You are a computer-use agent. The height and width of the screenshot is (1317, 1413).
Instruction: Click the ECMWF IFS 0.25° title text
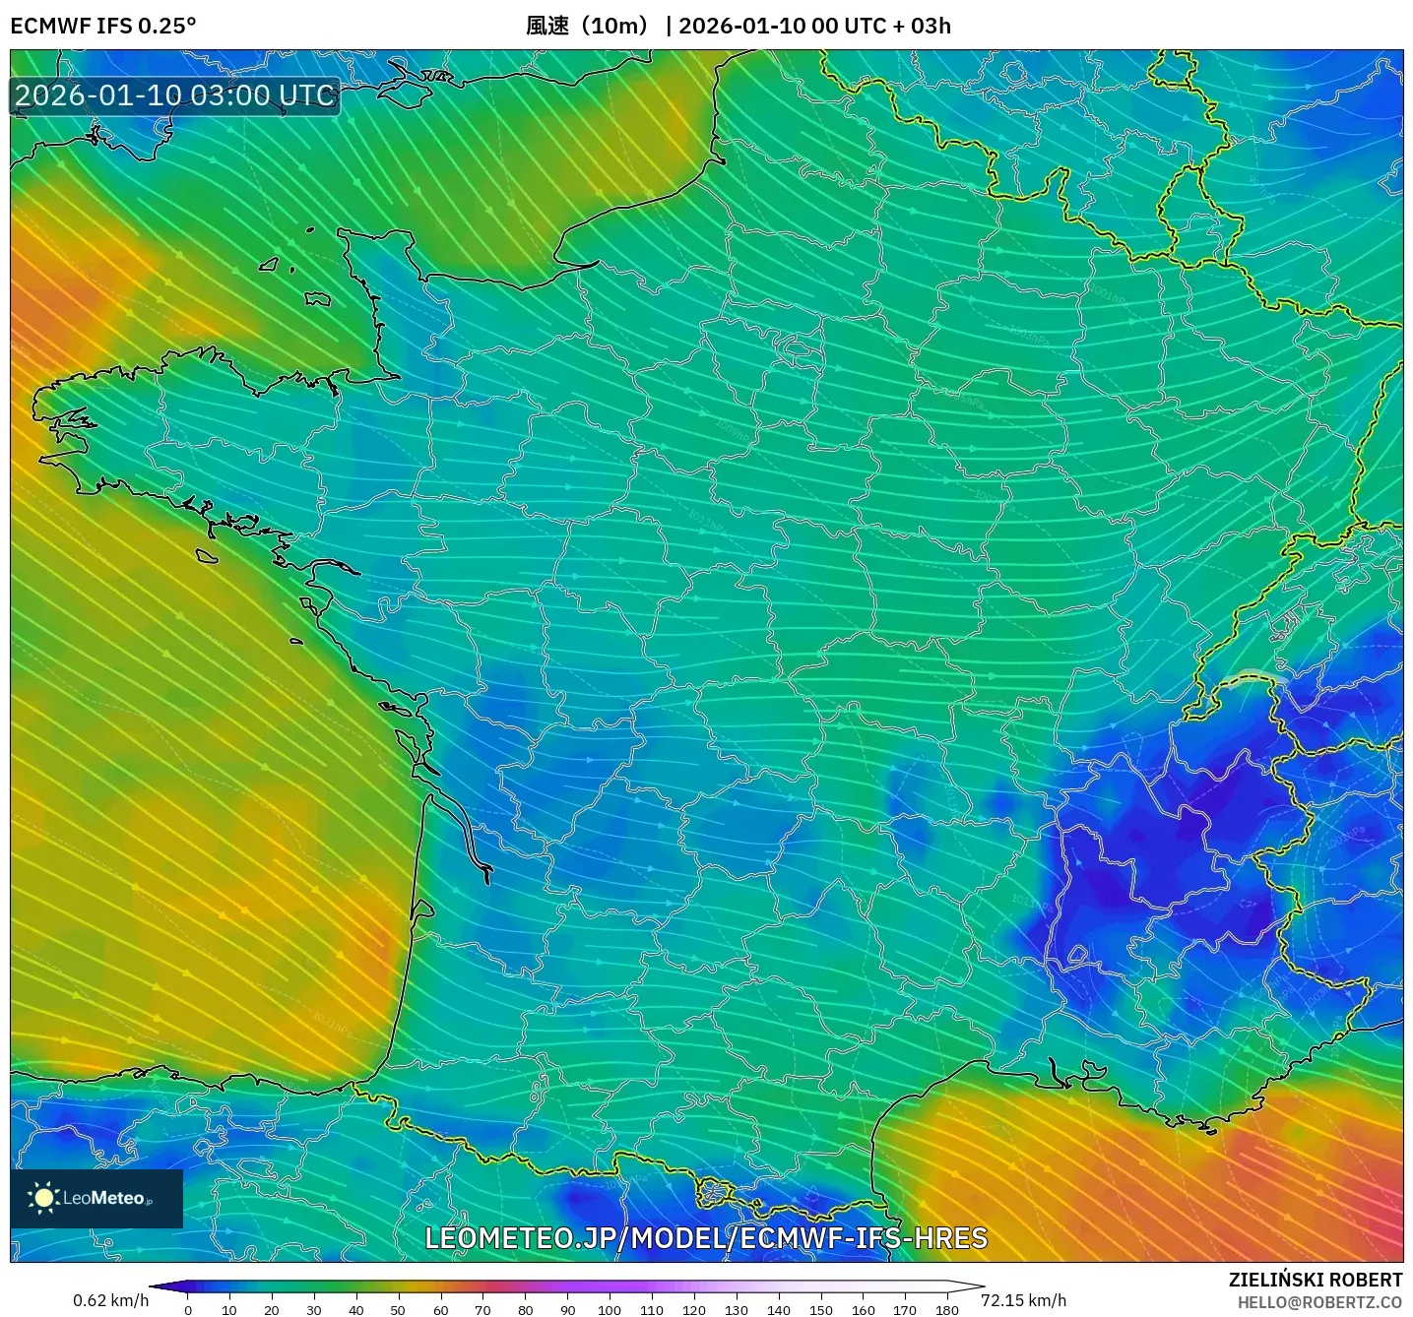click(103, 26)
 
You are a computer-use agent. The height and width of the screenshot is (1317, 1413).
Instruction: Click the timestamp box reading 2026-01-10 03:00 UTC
click(175, 95)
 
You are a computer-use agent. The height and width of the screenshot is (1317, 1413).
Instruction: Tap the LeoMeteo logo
click(96, 1198)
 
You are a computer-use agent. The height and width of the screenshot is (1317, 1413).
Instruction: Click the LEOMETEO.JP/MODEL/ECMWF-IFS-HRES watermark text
click(706, 1238)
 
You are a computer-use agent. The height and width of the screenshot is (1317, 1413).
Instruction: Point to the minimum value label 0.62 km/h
click(110, 1300)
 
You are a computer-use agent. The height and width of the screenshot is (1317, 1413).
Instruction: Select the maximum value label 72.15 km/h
click(1023, 1300)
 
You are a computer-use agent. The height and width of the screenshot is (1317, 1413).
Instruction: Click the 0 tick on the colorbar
click(188, 1310)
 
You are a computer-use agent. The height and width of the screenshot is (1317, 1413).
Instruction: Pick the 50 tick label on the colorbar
click(398, 1310)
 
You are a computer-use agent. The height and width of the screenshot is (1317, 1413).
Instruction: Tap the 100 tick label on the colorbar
click(610, 1310)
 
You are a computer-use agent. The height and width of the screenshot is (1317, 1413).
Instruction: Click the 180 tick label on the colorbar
click(947, 1310)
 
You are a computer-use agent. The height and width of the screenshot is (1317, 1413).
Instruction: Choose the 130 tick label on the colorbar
click(737, 1310)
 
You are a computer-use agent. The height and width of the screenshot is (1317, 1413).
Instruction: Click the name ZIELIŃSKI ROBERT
click(1316, 1280)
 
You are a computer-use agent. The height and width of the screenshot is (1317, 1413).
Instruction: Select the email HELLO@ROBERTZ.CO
click(1319, 1302)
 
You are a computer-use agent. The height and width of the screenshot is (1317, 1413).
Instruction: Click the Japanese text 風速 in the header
click(547, 26)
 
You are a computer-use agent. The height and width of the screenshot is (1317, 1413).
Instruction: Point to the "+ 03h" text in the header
click(922, 26)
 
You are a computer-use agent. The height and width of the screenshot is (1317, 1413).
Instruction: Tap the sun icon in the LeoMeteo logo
click(43, 1198)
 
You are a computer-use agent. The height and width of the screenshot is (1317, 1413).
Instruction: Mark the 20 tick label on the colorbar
click(272, 1310)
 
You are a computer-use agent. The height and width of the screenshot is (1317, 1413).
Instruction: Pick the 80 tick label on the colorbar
click(525, 1310)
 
